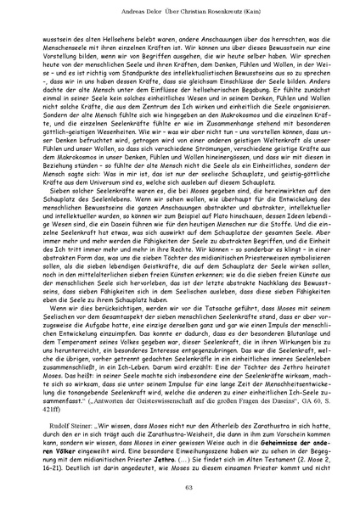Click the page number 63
[x=180, y=487]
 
